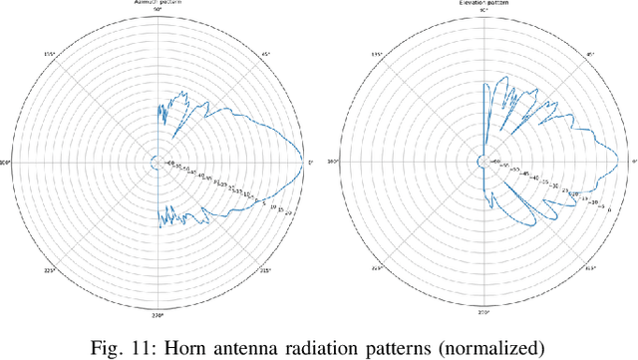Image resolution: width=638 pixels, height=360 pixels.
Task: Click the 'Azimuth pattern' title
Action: (x=157, y=3)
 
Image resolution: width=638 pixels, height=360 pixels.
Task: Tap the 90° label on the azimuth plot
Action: (x=157, y=10)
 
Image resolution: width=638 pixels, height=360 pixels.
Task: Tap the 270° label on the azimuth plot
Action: (x=157, y=314)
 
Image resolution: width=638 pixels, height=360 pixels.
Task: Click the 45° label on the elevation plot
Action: (x=590, y=54)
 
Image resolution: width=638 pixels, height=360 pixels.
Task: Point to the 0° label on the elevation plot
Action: (x=634, y=162)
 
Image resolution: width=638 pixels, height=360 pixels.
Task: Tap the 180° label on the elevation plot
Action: (x=330, y=162)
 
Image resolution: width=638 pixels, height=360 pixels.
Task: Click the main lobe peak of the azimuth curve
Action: (x=301, y=162)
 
